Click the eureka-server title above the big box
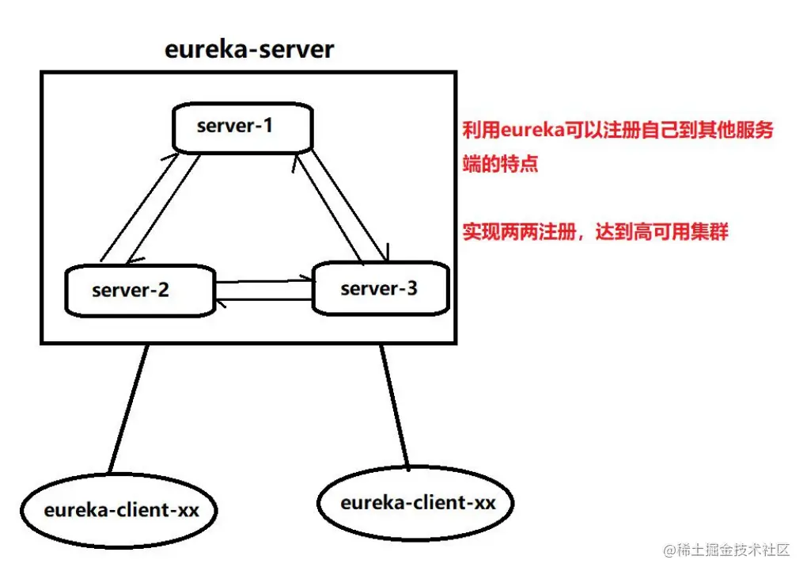[249, 49]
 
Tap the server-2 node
[139, 290]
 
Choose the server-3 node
[381, 288]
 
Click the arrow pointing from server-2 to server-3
[265, 280]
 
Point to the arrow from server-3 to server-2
[265, 299]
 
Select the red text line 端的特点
[500, 165]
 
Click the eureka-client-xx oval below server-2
[121, 510]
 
